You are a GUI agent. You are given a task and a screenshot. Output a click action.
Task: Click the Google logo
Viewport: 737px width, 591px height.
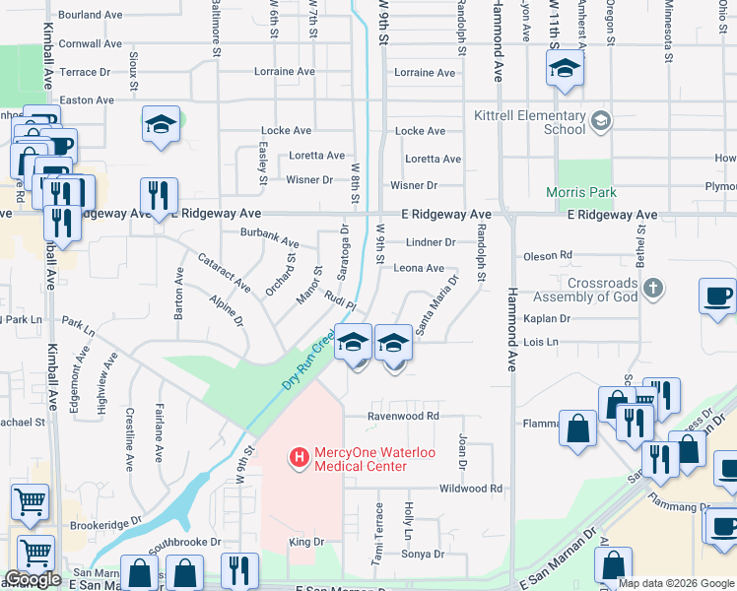tap(33, 579)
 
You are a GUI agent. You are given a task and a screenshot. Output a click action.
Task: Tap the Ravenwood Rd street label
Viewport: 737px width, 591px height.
tap(403, 416)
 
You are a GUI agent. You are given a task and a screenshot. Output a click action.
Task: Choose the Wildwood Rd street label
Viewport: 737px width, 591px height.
tap(470, 488)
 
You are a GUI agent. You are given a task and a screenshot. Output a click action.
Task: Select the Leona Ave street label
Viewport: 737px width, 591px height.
tap(419, 268)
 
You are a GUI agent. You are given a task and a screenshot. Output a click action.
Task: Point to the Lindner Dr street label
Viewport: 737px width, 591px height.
tap(431, 242)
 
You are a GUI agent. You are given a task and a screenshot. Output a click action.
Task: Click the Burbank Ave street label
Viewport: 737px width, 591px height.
tap(269, 237)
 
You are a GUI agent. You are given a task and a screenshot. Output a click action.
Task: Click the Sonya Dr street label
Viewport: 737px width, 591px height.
tap(425, 555)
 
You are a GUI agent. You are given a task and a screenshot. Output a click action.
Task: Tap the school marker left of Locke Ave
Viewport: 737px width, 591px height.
tap(161, 124)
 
